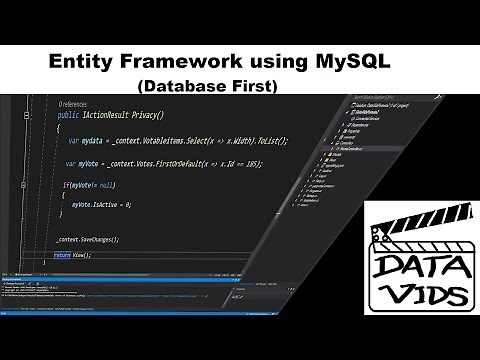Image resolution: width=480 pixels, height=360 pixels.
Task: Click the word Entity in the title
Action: click(x=82, y=61)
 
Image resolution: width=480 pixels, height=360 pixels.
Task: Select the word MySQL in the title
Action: click(x=347, y=61)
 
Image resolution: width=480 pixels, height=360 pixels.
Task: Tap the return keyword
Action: click(x=62, y=257)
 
